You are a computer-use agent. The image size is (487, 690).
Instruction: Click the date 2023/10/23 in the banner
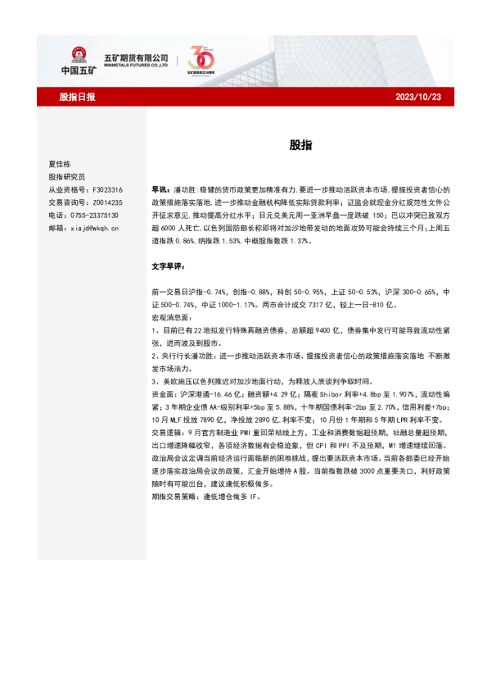(423, 97)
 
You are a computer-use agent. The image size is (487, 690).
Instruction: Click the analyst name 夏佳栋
(60, 164)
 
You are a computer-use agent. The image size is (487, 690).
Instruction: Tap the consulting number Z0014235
(106, 202)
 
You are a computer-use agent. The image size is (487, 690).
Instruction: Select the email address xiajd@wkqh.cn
(96, 228)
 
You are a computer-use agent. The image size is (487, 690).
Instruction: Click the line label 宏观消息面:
(171, 315)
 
